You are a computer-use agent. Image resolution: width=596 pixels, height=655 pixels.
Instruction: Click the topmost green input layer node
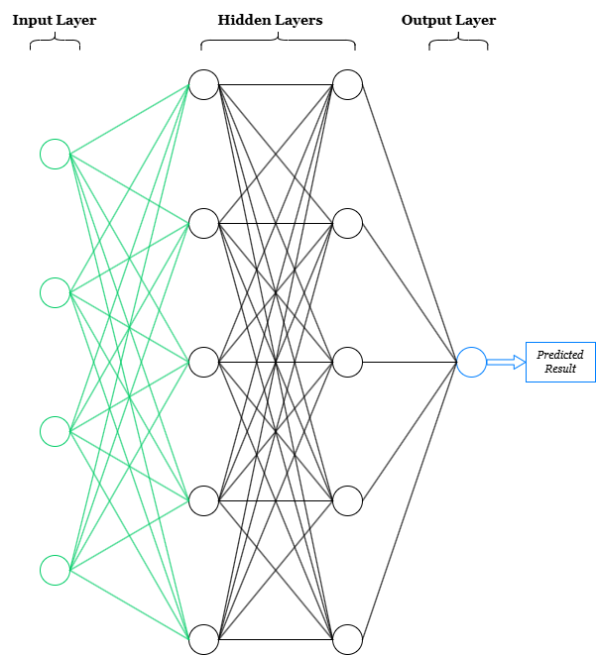(56, 154)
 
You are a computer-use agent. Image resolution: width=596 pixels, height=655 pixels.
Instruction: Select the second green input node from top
(56, 292)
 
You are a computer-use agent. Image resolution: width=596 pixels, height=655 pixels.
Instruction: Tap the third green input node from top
(56, 431)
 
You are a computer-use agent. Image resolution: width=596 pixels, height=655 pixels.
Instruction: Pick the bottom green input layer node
(56, 570)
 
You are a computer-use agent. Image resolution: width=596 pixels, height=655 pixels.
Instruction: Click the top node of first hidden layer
(203, 84)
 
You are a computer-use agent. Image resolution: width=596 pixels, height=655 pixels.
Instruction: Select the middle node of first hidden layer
(203, 362)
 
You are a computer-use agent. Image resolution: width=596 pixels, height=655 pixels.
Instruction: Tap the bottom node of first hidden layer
(203, 639)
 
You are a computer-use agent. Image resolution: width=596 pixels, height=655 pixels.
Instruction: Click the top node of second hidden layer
(347, 84)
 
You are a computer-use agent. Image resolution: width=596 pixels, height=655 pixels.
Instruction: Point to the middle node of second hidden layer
(347, 362)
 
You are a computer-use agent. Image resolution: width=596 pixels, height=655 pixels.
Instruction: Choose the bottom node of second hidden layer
(347, 639)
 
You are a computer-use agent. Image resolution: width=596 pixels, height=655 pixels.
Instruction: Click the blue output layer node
(471, 362)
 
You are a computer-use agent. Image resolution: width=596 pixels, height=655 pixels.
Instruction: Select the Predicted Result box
(560, 362)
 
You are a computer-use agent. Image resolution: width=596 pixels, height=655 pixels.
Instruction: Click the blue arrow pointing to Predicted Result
(505, 363)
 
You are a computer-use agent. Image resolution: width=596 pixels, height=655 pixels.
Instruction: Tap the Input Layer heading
(55, 20)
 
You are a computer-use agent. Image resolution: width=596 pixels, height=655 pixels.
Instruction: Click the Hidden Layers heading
(271, 20)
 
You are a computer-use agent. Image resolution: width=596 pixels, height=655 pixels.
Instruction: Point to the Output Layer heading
(448, 20)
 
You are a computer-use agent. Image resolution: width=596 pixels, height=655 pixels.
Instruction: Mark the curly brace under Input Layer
(56, 42)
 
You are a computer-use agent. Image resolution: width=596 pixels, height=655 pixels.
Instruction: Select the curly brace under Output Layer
(458, 42)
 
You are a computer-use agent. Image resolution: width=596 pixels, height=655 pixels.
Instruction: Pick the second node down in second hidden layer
(347, 223)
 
